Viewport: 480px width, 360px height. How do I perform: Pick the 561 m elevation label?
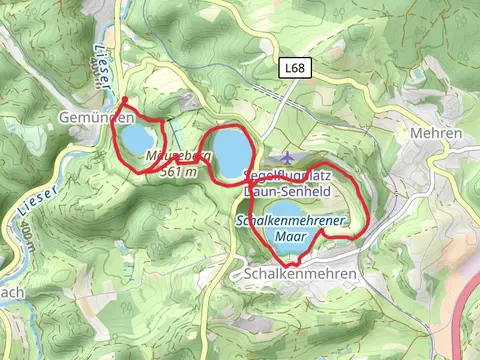(179, 172)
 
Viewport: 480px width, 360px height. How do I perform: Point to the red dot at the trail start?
(123, 99)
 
